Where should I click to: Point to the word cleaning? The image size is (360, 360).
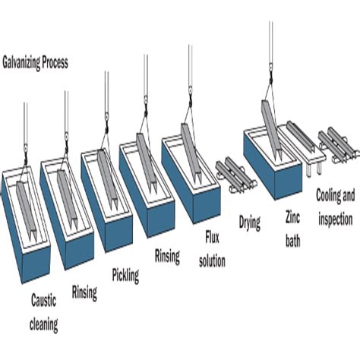pos(44,325)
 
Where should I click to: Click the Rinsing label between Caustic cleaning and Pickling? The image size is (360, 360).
pos(84,292)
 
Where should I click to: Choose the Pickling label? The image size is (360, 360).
pos(125,275)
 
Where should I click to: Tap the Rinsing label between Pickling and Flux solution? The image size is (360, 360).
pos(167,257)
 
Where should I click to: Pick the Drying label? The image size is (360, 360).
pos(250,223)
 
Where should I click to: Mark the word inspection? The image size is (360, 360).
pos(333,218)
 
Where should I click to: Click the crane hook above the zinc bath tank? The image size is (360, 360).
pos(269,76)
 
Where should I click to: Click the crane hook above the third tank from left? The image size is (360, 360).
pos(107,116)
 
